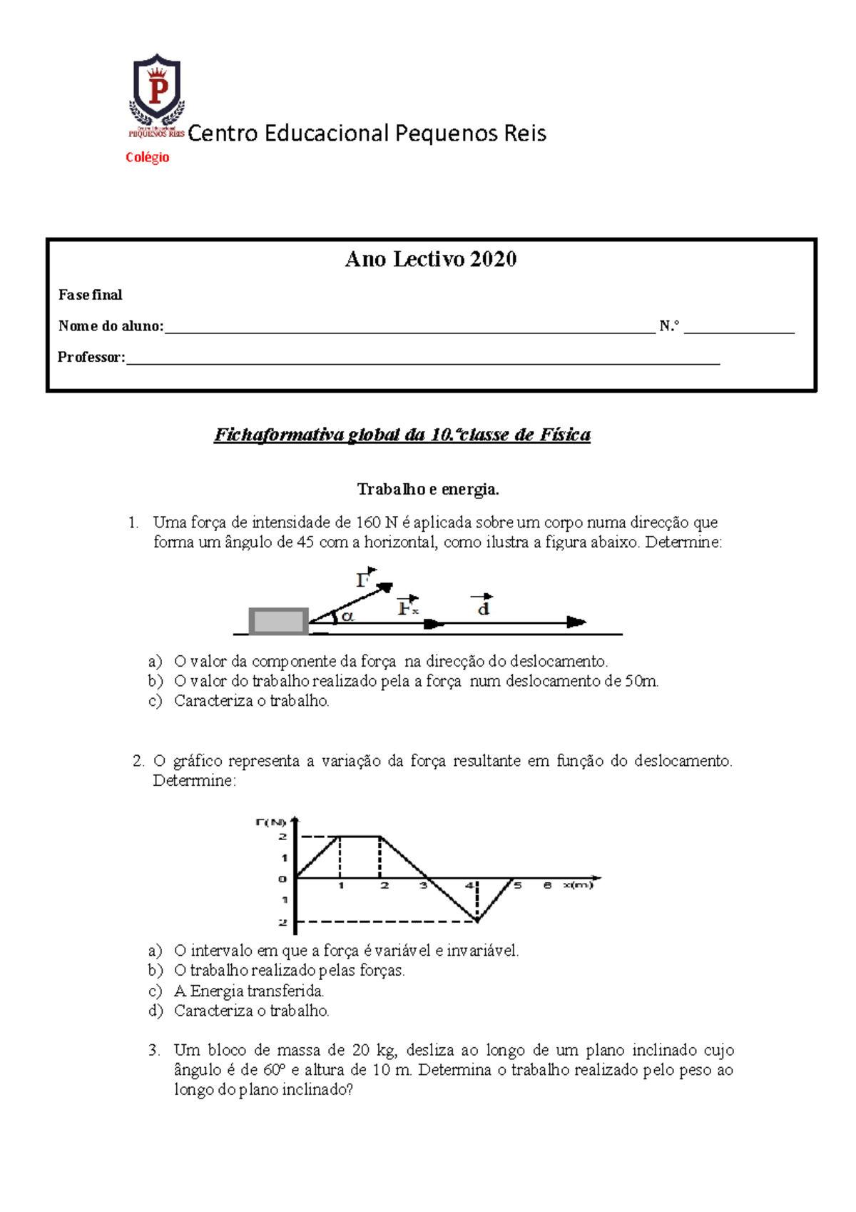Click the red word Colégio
click(148, 158)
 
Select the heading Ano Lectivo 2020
click(431, 259)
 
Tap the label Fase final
click(91, 295)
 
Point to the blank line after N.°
click(738, 330)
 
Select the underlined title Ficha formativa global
click(402, 435)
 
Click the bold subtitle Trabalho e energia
click(428, 490)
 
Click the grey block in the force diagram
click(278, 621)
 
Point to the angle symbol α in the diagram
click(347, 617)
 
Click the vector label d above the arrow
click(483, 607)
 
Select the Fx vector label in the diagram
click(407, 607)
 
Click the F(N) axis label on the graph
click(270, 822)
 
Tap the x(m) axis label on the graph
click(578, 885)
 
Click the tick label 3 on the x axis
click(423, 886)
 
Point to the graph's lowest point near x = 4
click(477, 921)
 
